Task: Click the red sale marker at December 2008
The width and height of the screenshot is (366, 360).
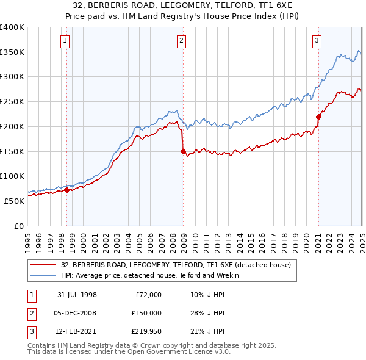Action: (x=183, y=152)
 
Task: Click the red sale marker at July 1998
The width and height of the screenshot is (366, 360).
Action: (x=67, y=190)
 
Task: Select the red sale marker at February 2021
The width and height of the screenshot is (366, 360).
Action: (x=318, y=117)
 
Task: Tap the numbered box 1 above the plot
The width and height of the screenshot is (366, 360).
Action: (x=65, y=41)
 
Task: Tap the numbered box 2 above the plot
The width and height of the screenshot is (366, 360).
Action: (x=182, y=41)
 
